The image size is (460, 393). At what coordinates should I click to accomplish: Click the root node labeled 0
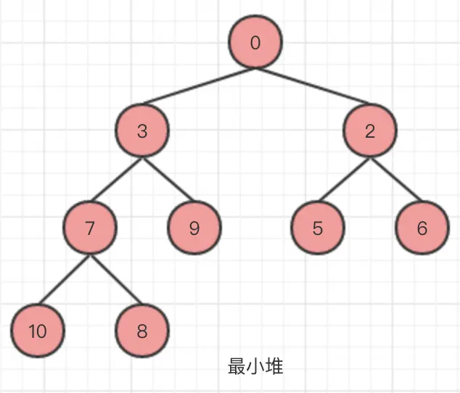[255, 43]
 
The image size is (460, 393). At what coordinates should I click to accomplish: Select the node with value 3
[142, 131]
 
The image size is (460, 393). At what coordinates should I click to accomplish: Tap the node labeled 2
[371, 131]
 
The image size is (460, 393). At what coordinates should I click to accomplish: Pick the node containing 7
[90, 228]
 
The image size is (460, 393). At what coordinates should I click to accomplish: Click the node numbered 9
[194, 228]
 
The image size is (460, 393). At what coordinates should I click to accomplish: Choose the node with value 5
[318, 228]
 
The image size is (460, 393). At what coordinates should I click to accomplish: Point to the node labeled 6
[422, 228]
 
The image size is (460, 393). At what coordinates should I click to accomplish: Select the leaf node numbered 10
[38, 332]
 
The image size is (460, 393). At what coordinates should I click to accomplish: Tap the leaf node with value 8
[142, 332]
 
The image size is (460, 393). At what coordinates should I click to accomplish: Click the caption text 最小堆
[255, 366]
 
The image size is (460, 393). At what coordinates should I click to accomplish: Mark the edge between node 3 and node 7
[116, 180]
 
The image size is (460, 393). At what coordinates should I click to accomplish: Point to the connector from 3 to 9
[168, 180]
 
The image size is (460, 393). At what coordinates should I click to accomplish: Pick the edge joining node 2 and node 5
[345, 180]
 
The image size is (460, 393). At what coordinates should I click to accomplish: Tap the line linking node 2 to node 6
[396, 180]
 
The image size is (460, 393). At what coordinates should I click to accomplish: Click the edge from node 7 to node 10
[64, 281]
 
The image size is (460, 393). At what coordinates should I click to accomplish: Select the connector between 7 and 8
[116, 281]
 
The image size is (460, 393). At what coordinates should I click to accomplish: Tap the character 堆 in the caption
[274, 366]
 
